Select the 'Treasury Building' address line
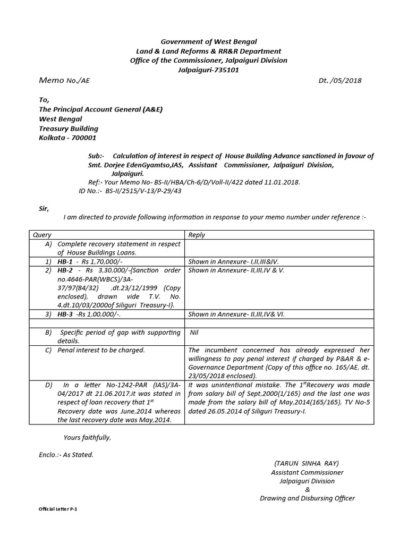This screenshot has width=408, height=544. pyautogui.click(x=69, y=129)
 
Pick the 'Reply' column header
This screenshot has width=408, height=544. pyautogui.click(x=197, y=235)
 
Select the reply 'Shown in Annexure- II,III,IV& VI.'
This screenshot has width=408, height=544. pyautogui.click(x=236, y=314)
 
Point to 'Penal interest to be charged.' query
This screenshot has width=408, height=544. pyautogui.click(x=101, y=351)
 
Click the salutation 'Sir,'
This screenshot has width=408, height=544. pyautogui.click(x=44, y=209)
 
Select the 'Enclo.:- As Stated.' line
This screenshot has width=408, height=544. pyautogui.click(x=66, y=455)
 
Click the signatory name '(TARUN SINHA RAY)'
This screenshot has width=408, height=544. pyautogui.click(x=307, y=463)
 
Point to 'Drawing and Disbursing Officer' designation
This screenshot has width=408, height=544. pyautogui.click(x=307, y=498)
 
